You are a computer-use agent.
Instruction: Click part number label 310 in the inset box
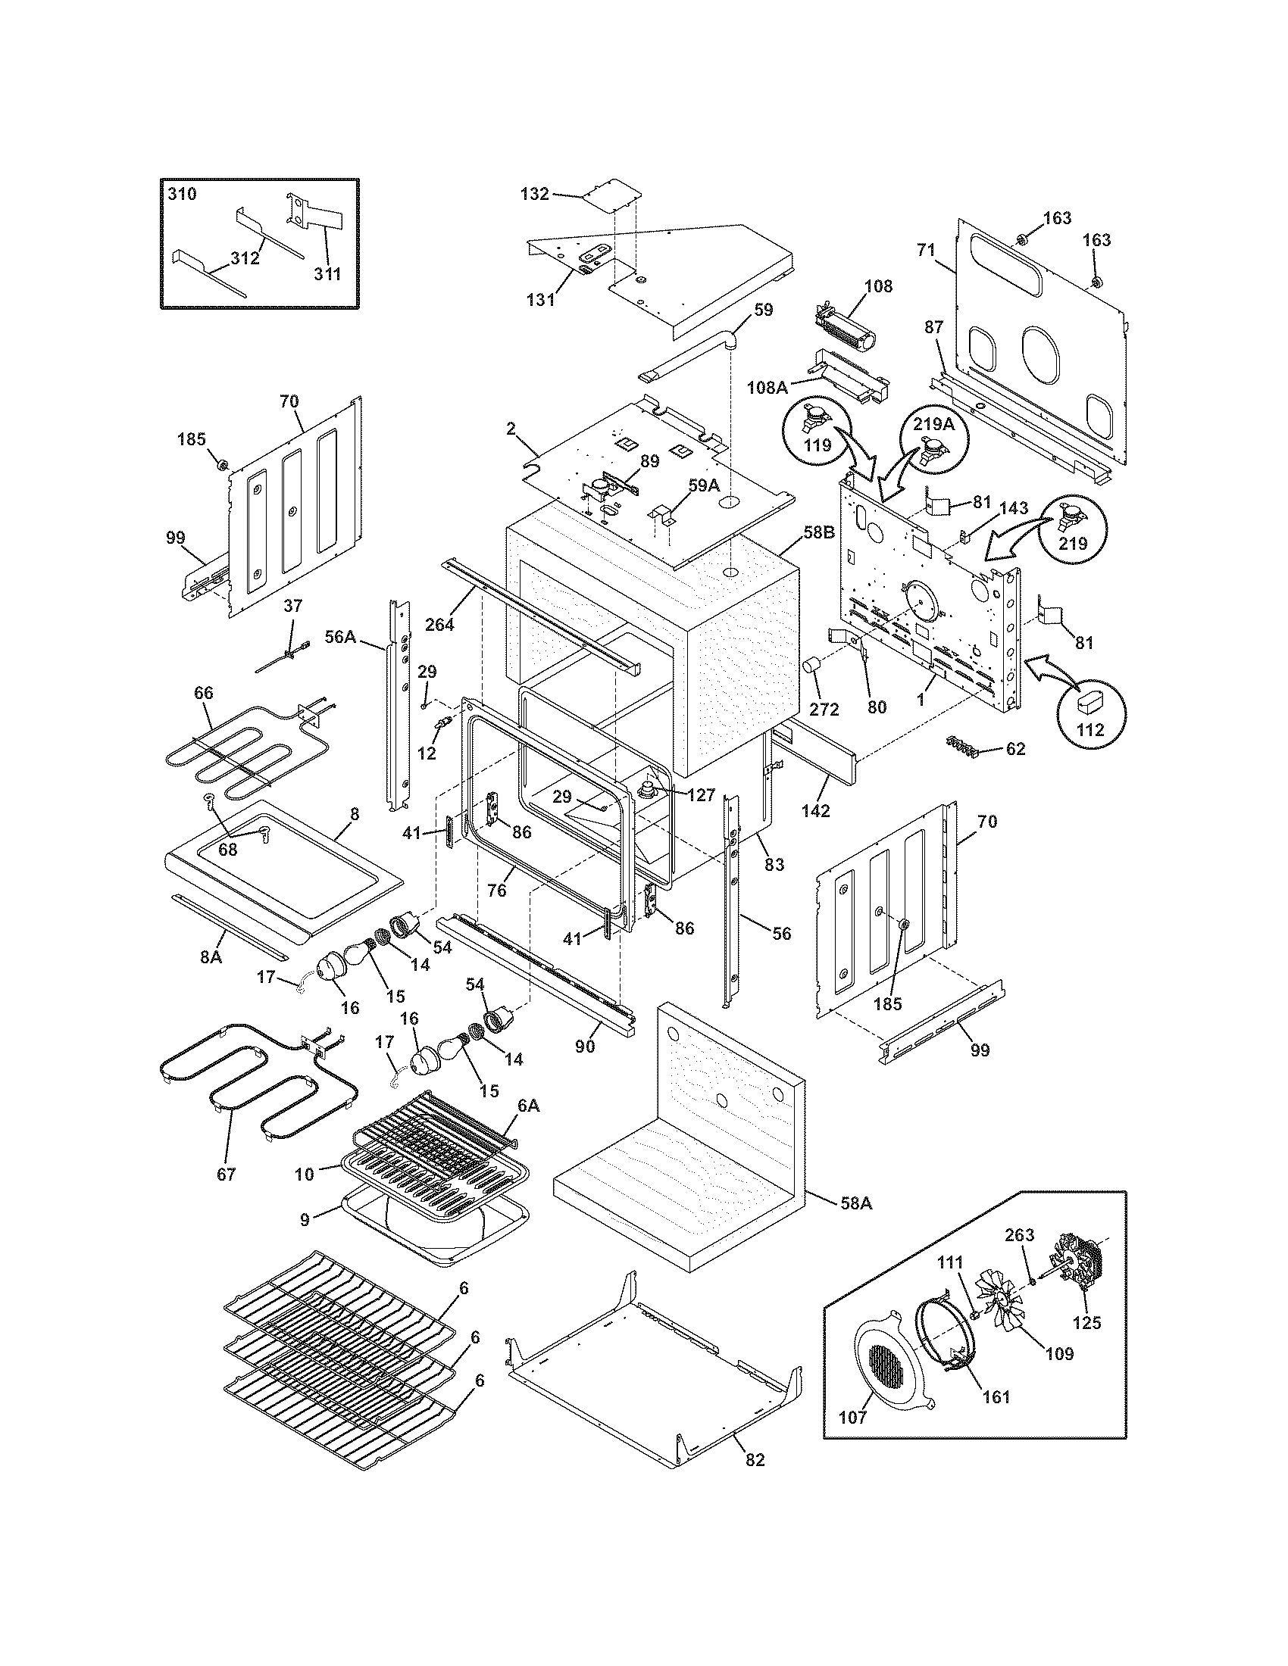tap(182, 194)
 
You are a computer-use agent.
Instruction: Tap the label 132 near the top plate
tap(534, 194)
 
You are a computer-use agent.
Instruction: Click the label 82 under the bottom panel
tap(754, 1460)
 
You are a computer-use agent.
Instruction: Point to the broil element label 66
tap(203, 693)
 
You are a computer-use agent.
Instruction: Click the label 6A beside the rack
tap(530, 1106)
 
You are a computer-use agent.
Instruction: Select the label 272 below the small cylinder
tap(824, 710)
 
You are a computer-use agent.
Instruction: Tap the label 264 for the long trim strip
tap(439, 624)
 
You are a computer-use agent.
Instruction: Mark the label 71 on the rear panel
tap(925, 250)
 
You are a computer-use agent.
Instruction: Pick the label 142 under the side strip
tap(815, 811)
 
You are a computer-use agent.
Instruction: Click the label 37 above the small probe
tap(292, 606)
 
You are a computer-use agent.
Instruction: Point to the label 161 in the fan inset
tap(996, 1396)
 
